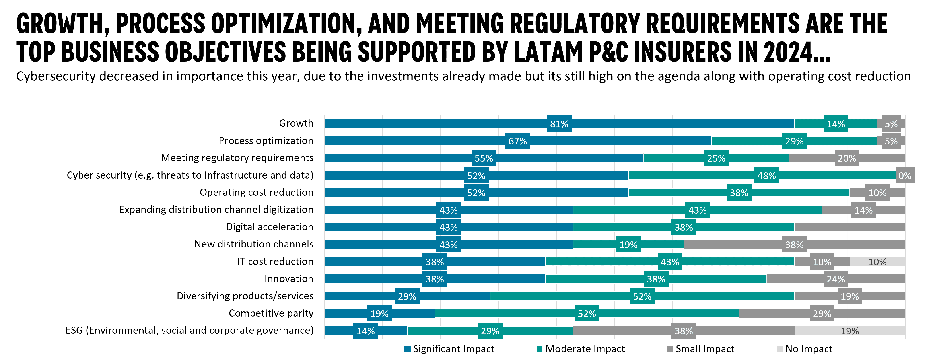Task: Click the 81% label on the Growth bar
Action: pos(559,124)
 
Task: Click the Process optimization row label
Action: pos(266,141)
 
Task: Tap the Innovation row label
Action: pos(288,279)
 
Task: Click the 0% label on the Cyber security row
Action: pos(905,176)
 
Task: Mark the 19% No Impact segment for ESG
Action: pos(849,331)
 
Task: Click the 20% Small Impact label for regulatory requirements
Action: pos(847,158)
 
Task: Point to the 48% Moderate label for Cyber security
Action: pos(766,176)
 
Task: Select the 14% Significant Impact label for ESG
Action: pos(365,331)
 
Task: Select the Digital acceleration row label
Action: pos(269,227)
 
